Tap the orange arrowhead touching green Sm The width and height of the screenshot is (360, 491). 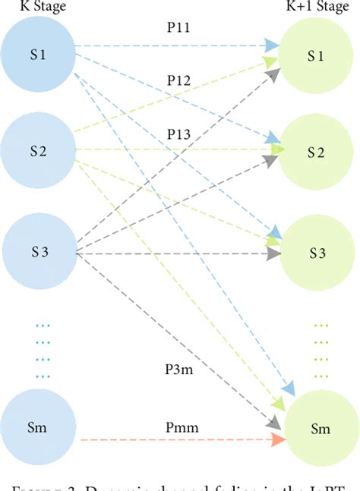[279, 440]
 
